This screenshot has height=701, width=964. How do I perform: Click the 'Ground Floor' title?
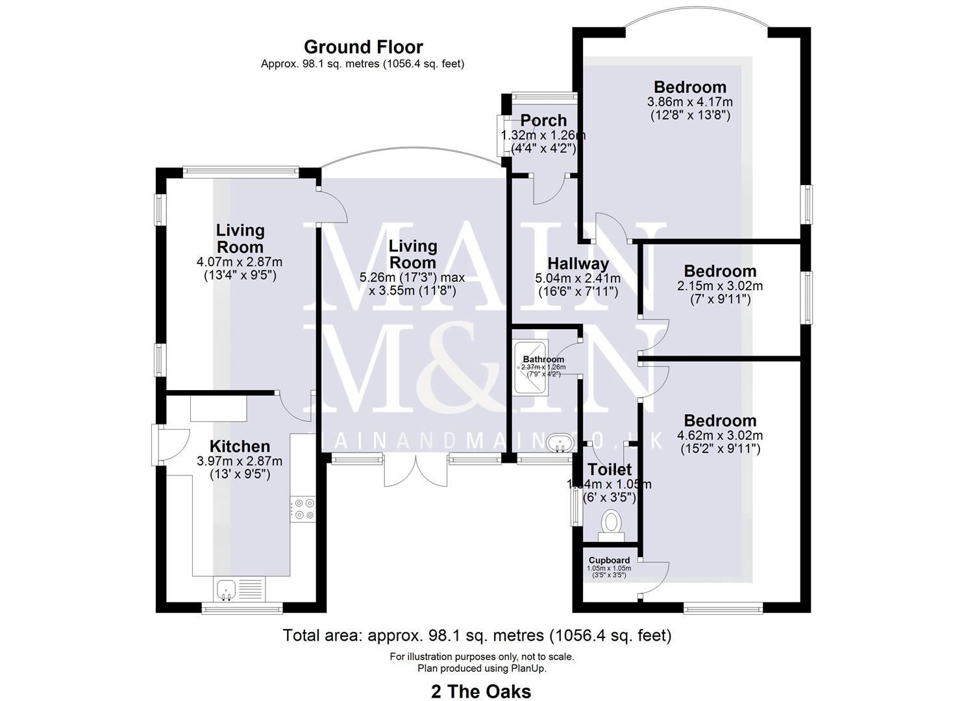click(363, 47)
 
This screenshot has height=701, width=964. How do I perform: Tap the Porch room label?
click(543, 121)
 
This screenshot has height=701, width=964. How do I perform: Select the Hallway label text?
click(578, 264)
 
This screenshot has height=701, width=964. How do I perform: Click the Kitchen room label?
click(240, 447)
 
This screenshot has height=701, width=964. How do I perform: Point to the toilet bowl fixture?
click(611, 524)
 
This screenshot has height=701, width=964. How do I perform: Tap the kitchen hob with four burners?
click(303, 508)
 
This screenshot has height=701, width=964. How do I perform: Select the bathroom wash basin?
click(558, 444)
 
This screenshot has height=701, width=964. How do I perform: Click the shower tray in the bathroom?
click(531, 367)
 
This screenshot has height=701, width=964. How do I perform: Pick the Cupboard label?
click(609, 560)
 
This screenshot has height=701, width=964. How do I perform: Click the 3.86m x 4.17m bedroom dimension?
click(690, 102)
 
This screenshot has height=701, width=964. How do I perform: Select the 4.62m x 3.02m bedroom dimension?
click(720, 436)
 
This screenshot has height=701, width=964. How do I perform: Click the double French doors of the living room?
click(415, 471)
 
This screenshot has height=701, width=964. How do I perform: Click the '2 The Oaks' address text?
click(481, 692)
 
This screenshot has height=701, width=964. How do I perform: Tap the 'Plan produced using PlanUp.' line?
click(481, 668)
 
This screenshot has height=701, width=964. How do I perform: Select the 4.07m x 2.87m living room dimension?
click(240, 262)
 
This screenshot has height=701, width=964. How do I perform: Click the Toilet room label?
click(609, 469)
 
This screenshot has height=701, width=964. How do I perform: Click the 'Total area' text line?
click(477, 635)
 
